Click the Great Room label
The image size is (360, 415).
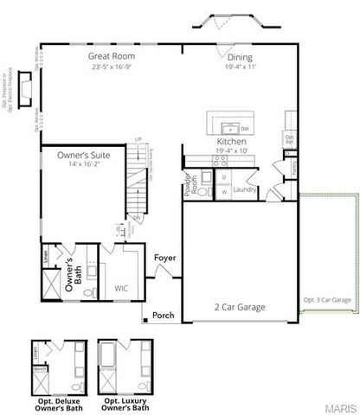coord(110,55)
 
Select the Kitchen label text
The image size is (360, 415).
coord(232,140)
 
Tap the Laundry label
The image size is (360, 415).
coord(244,188)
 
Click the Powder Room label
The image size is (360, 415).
coord(187,182)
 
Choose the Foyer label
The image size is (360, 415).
coord(164,258)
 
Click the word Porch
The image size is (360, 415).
coord(164,316)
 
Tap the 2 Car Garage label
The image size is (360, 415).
coord(240,307)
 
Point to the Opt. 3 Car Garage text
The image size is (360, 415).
coord(326,300)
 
